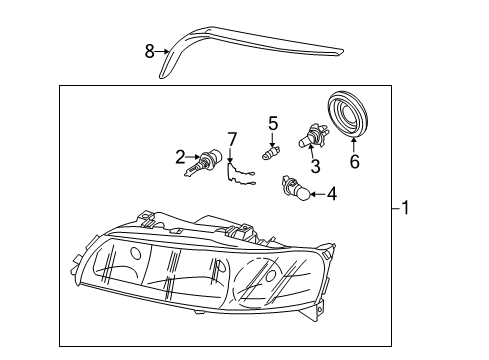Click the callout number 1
(x=405, y=209)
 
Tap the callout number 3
(x=314, y=167)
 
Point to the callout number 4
(x=332, y=194)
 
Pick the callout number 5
(x=272, y=123)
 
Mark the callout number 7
(x=231, y=138)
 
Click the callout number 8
(x=150, y=51)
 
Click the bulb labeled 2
(x=207, y=160)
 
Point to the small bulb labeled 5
(x=270, y=154)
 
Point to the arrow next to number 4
(x=317, y=194)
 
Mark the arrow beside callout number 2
(x=192, y=156)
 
